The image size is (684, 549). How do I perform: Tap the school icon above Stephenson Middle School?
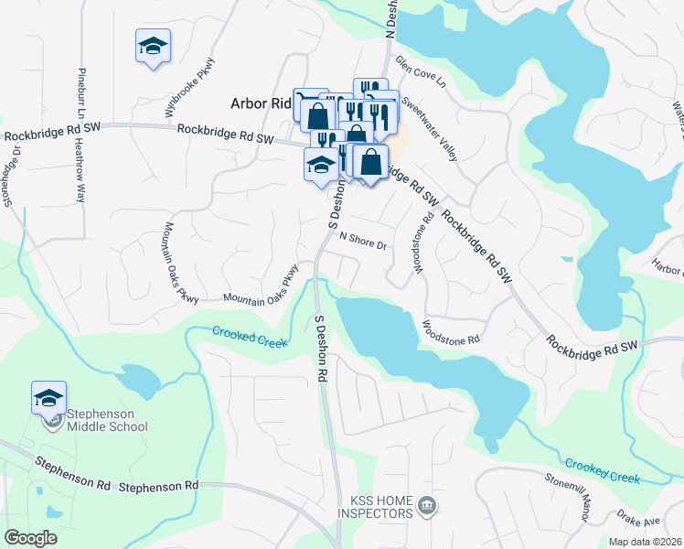point(48,398)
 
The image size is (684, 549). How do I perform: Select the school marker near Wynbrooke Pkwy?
point(153,46)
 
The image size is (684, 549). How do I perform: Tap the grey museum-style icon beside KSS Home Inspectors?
point(425,504)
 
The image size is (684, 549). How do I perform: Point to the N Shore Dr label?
point(364,242)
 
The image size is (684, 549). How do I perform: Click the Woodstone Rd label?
point(451,331)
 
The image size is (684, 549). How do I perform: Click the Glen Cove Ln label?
point(419,70)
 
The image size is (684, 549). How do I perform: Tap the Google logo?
point(31,538)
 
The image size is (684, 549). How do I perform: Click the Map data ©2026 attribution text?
point(645,542)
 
